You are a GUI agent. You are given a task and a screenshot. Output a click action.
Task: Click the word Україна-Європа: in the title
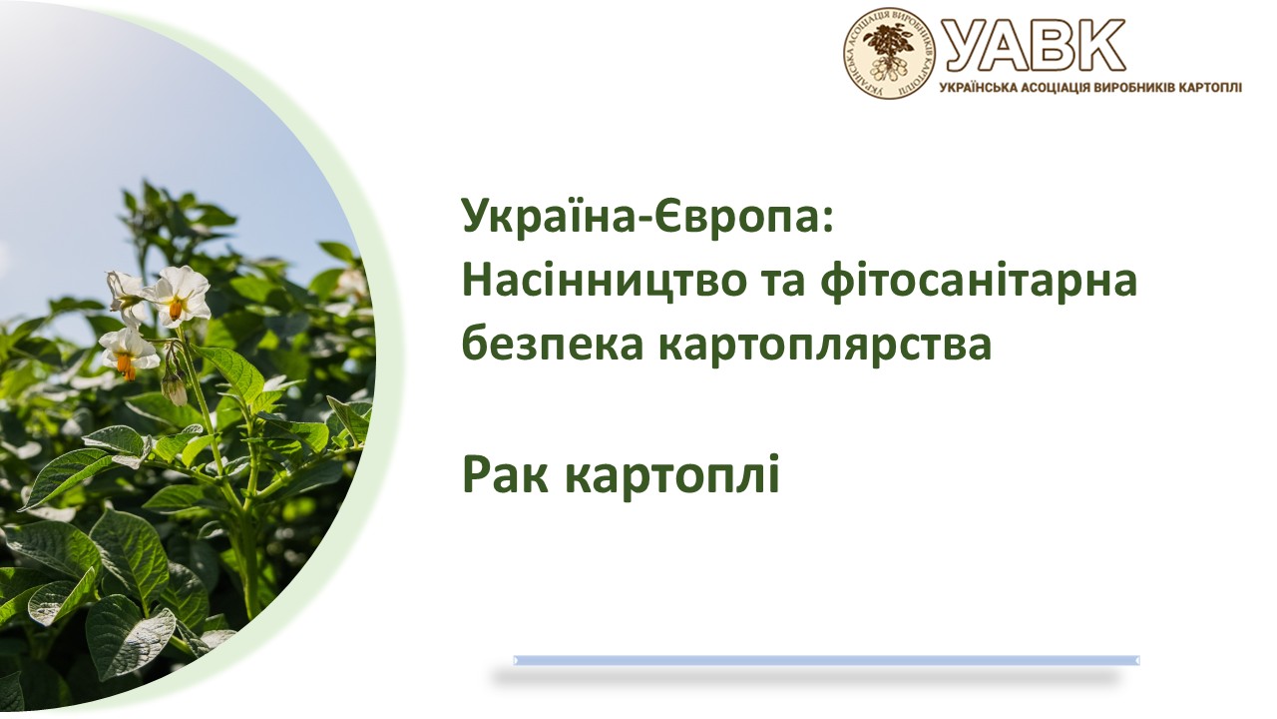coord(647,217)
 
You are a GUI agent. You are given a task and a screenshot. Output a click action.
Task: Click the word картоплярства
coord(825,346)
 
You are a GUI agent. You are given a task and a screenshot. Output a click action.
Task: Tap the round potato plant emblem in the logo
coord(889,53)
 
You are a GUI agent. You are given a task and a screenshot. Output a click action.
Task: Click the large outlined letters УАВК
coord(1033,44)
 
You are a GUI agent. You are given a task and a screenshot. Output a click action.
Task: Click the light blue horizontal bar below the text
coord(826,660)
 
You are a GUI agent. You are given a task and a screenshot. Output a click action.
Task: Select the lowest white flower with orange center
coord(129,353)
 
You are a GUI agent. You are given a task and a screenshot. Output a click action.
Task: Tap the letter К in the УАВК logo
coord(1098,44)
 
